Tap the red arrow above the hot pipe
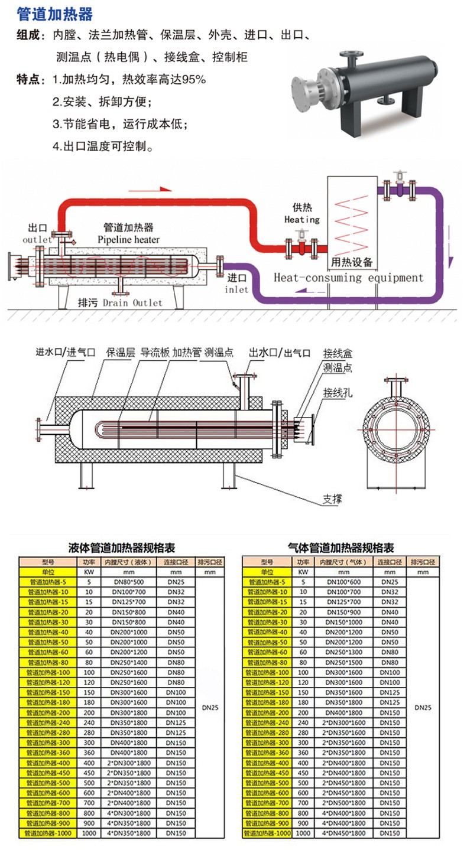point(150,190)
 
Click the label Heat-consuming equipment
point(349,278)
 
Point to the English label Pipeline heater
point(129,239)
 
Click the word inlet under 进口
point(236,290)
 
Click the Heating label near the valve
point(301,220)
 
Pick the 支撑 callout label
point(332,499)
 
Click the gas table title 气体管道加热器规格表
point(341,548)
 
